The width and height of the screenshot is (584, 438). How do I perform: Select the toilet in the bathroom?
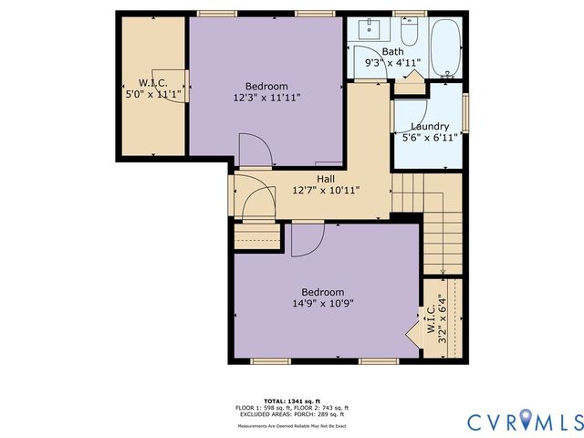(408, 36)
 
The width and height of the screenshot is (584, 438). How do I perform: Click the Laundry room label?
(429, 126)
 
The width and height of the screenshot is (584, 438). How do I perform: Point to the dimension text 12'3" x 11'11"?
(266, 97)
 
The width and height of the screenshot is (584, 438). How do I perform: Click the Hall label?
(326, 178)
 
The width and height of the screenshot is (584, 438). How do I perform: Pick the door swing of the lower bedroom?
(308, 241)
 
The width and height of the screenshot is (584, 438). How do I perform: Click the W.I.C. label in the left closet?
(151, 81)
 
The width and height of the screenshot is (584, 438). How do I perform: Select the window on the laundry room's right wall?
(465, 113)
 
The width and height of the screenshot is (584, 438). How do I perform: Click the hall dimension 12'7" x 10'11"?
(326, 191)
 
